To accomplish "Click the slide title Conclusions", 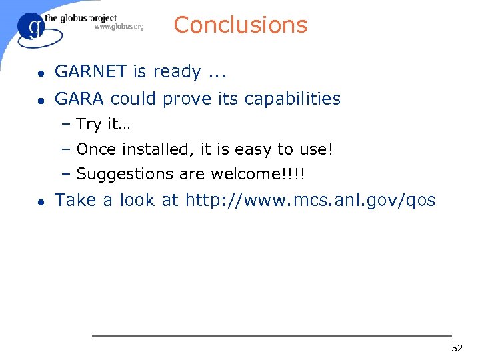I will [x=240, y=25].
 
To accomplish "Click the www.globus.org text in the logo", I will [x=119, y=27].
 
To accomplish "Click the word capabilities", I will [x=293, y=99].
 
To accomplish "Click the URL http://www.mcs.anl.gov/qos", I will [x=310, y=200].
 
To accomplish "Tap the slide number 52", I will [x=457, y=348].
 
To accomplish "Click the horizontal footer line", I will [x=271, y=335].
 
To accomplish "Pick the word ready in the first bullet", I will [x=177, y=72].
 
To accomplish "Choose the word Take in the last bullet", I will [x=76, y=200].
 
